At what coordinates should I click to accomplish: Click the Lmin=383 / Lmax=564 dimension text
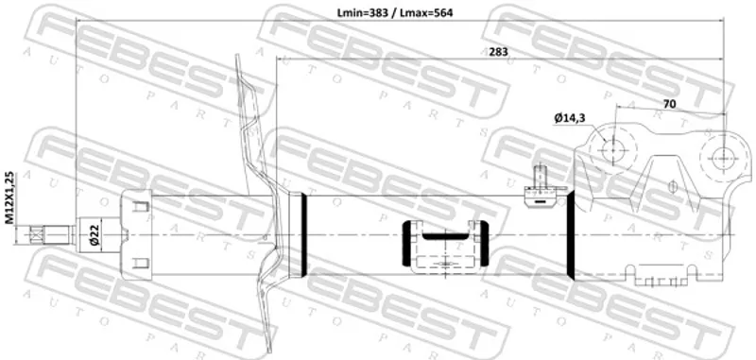pyautogui.click(x=395, y=13)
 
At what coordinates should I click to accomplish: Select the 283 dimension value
pyautogui.click(x=498, y=52)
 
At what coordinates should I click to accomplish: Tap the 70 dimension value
pyautogui.click(x=669, y=104)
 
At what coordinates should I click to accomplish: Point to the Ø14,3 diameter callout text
pyautogui.click(x=570, y=117)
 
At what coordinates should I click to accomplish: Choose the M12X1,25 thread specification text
pyautogui.click(x=9, y=197)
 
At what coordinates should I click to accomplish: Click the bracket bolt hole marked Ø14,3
pyautogui.click(x=613, y=150)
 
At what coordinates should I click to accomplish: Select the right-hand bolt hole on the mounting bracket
pyautogui.click(x=723, y=157)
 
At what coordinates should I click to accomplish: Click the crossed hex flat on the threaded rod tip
pyautogui.click(x=36, y=234)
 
